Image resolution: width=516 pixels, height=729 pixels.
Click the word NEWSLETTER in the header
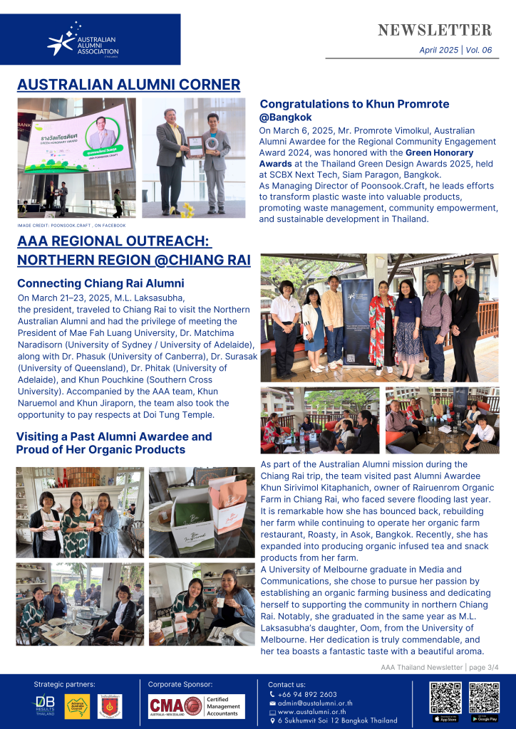point(434,31)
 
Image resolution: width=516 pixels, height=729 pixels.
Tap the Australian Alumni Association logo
point(83,42)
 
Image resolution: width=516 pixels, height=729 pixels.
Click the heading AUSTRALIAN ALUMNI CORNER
point(128,85)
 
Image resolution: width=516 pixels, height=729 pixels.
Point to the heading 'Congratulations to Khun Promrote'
point(354,104)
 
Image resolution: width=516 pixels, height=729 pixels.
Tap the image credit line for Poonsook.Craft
point(71,225)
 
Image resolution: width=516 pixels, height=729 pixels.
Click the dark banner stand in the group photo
point(357,320)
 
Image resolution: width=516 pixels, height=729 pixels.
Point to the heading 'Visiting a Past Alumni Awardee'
point(114,436)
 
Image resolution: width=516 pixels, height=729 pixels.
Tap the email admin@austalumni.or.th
point(314,703)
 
